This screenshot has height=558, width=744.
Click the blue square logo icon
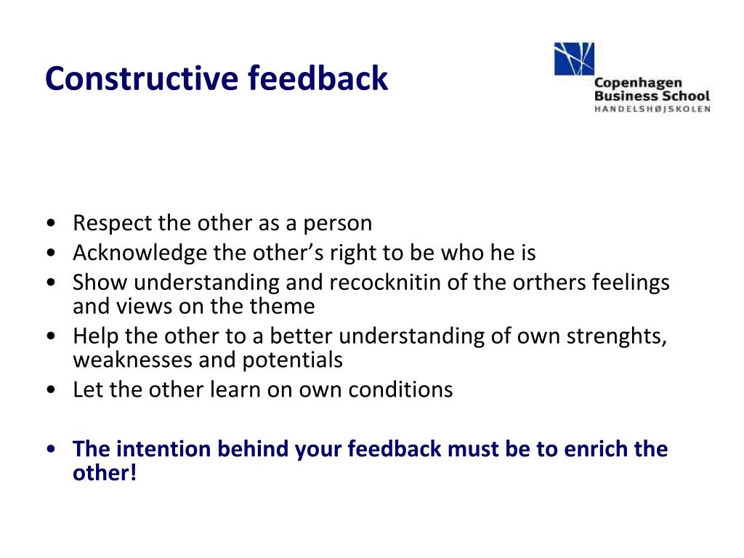pyautogui.click(x=574, y=59)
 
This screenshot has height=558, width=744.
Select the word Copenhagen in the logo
pyautogui.click(x=638, y=83)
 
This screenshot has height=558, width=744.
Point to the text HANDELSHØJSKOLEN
pyautogui.click(x=652, y=109)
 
